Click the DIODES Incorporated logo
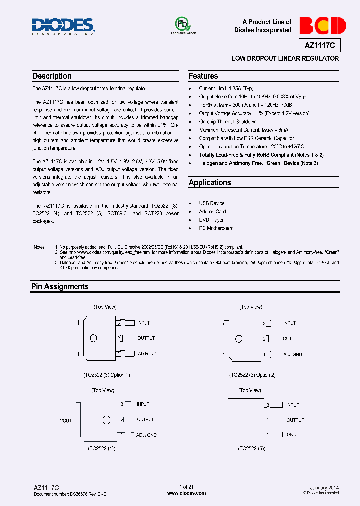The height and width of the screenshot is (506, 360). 63,26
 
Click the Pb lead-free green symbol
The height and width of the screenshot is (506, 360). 182,25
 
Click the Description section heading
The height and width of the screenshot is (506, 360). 52,76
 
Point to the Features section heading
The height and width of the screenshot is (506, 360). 203,76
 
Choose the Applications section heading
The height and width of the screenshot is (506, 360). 210,183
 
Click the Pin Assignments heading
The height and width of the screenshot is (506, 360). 60,287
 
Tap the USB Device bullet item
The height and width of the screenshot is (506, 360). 212,203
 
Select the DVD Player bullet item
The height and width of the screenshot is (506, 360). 211,220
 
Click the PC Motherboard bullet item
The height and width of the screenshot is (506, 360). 216,228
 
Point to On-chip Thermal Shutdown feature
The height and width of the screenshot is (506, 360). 228,122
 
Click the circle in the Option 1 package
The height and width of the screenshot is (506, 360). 93,339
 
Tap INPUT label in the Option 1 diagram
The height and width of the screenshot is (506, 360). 143,323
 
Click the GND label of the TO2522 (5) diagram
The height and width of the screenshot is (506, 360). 291,435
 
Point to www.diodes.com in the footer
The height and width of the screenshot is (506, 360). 186,493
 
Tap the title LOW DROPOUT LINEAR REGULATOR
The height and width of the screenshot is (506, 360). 285,59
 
